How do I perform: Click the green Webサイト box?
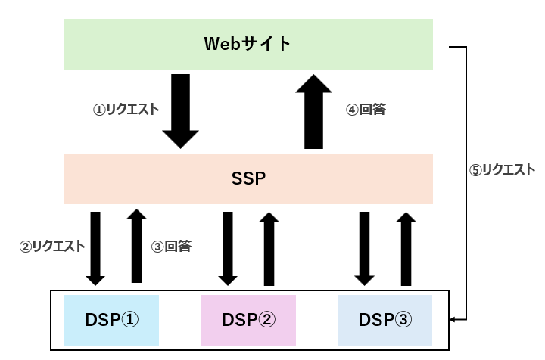click(x=248, y=44)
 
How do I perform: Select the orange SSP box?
click(x=248, y=179)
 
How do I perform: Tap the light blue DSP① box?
click(x=111, y=320)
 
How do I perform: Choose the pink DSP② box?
click(x=248, y=320)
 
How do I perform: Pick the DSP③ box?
click(x=385, y=320)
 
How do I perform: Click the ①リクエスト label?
click(x=126, y=109)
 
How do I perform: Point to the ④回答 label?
click(x=366, y=109)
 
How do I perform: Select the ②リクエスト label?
click(x=52, y=246)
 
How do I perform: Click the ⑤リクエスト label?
click(x=503, y=170)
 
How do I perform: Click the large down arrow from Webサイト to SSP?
click(x=181, y=110)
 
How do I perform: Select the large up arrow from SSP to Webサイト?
click(x=313, y=110)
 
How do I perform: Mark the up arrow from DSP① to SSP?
click(x=136, y=247)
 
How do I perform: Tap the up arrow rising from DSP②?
click(x=269, y=247)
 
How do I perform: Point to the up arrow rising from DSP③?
click(x=406, y=247)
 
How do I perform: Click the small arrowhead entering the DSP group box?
click(x=454, y=320)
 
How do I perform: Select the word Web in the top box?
click(x=219, y=44)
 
